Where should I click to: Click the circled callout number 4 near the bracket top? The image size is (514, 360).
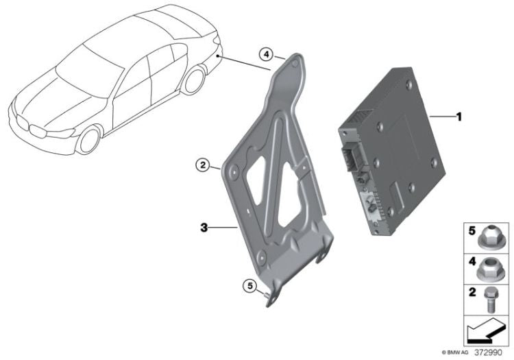pos(266,54)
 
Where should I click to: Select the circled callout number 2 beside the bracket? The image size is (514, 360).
pos(203,165)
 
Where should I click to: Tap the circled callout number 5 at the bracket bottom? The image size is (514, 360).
pos(250,286)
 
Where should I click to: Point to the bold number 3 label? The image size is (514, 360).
pos(204,227)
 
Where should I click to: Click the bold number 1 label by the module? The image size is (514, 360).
pos(459,117)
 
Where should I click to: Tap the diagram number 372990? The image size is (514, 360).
pos(488,352)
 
